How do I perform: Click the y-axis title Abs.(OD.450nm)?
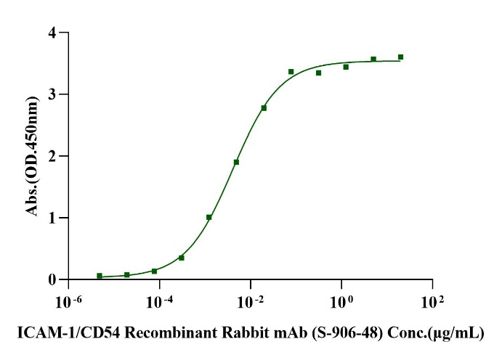32,156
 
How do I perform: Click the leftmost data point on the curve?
100,276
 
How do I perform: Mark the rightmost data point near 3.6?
400,57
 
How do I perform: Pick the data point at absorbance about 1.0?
209,217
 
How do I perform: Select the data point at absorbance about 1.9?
236,162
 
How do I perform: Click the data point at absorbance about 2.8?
264,108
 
